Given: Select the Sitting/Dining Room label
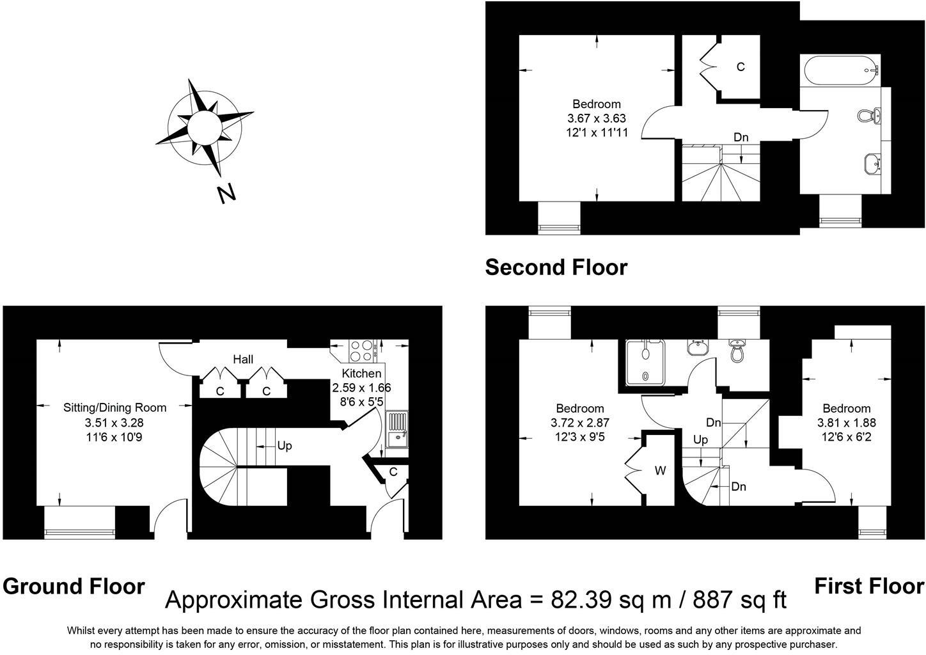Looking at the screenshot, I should click(x=114, y=407).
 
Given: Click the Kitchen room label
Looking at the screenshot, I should click(x=361, y=374).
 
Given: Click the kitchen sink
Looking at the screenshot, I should click(x=397, y=430).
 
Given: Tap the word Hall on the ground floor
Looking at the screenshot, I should click(x=243, y=359).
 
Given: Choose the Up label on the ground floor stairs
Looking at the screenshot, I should click(x=285, y=445).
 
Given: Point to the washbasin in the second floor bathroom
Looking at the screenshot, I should click(x=872, y=163).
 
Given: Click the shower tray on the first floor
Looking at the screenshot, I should click(x=646, y=362).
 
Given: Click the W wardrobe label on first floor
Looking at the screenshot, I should click(x=660, y=471).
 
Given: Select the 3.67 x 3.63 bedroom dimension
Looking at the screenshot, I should click(x=596, y=118).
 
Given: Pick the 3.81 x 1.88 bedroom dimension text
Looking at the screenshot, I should click(x=846, y=423).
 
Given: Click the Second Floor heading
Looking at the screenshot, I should click(x=556, y=267).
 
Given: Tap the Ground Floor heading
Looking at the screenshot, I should click(x=74, y=586).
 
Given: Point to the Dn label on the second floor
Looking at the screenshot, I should click(x=741, y=137).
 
